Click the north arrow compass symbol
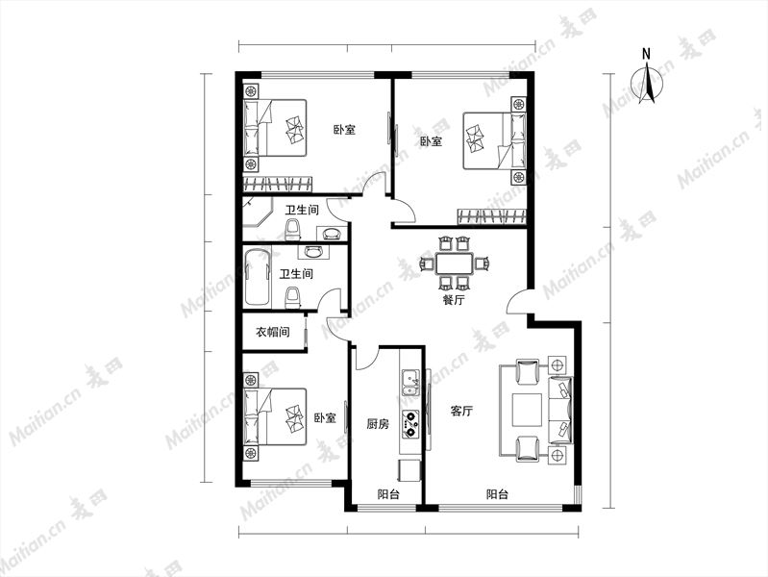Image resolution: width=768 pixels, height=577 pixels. [x=647, y=81]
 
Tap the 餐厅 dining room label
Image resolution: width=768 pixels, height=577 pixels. [x=453, y=299]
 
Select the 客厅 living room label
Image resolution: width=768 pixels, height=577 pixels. [x=461, y=411]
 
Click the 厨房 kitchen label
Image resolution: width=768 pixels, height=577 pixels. [x=378, y=423]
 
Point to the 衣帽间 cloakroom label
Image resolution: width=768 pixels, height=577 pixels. [x=273, y=332]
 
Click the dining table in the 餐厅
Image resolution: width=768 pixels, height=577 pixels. [x=454, y=263]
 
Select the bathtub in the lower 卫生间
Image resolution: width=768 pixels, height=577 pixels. [x=258, y=278]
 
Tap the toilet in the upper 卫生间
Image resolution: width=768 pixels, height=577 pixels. [x=292, y=230]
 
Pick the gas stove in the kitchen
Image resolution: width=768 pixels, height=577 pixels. [x=410, y=424]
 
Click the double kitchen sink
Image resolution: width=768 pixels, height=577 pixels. [x=410, y=383]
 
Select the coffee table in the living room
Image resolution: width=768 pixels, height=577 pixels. [x=527, y=410]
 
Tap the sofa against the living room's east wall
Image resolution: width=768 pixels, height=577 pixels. [x=560, y=410]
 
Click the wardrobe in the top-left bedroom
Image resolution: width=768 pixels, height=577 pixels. [x=278, y=184]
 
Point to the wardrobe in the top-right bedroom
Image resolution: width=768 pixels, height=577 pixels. [x=492, y=216]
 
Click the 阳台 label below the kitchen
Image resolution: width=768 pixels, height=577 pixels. [x=388, y=494]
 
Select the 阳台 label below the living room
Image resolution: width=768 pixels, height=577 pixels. [x=497, y=494]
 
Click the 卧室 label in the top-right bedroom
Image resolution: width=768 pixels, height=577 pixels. [x=431, y=141]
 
